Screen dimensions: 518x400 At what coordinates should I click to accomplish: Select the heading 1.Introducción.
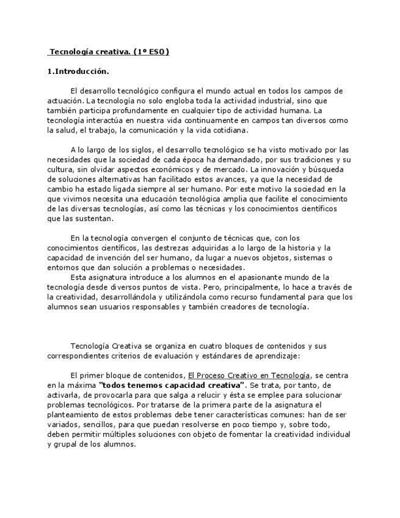coord(78,71)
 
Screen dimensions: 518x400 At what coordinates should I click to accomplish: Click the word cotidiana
coord(230,130)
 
